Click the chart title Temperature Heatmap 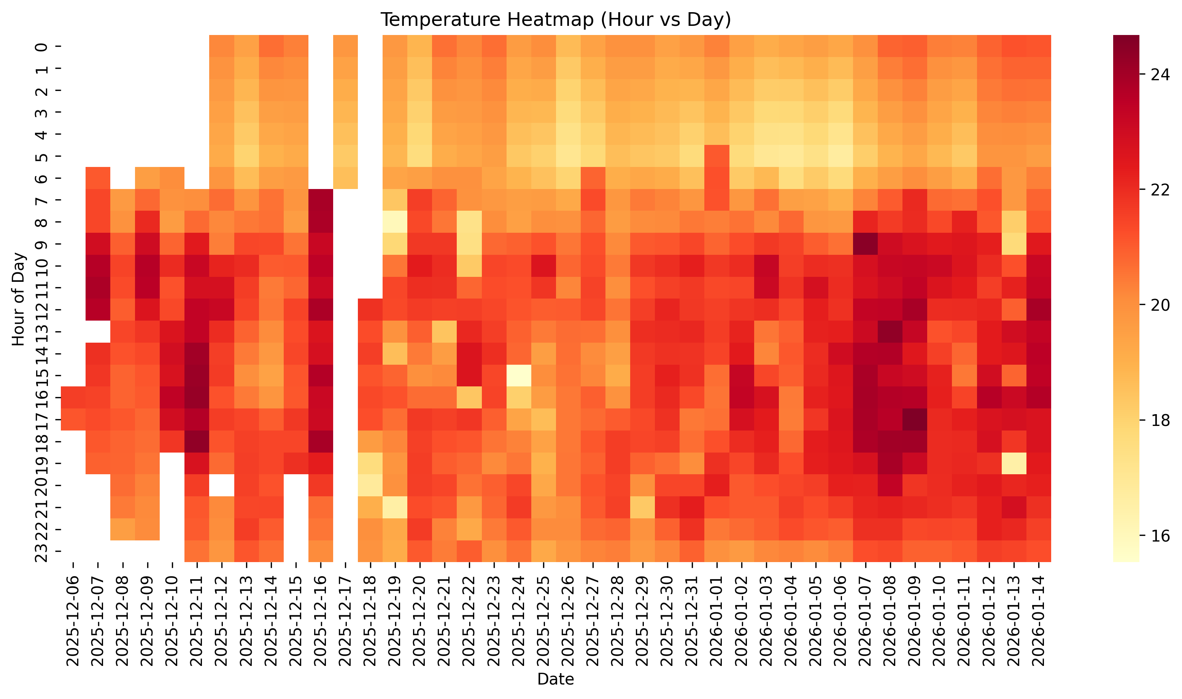point(555,20)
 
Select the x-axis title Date point(555,679)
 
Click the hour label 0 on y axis point(42,47)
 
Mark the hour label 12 point(42,310)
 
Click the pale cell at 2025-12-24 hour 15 point(519,375)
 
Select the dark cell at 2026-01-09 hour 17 point(915,419)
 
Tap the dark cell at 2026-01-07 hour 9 point(865,243)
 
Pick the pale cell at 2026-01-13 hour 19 point(1014,463)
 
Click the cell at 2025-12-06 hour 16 point(73,397)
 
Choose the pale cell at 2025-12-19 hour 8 point(395,221)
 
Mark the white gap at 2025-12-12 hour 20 point(222,485)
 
